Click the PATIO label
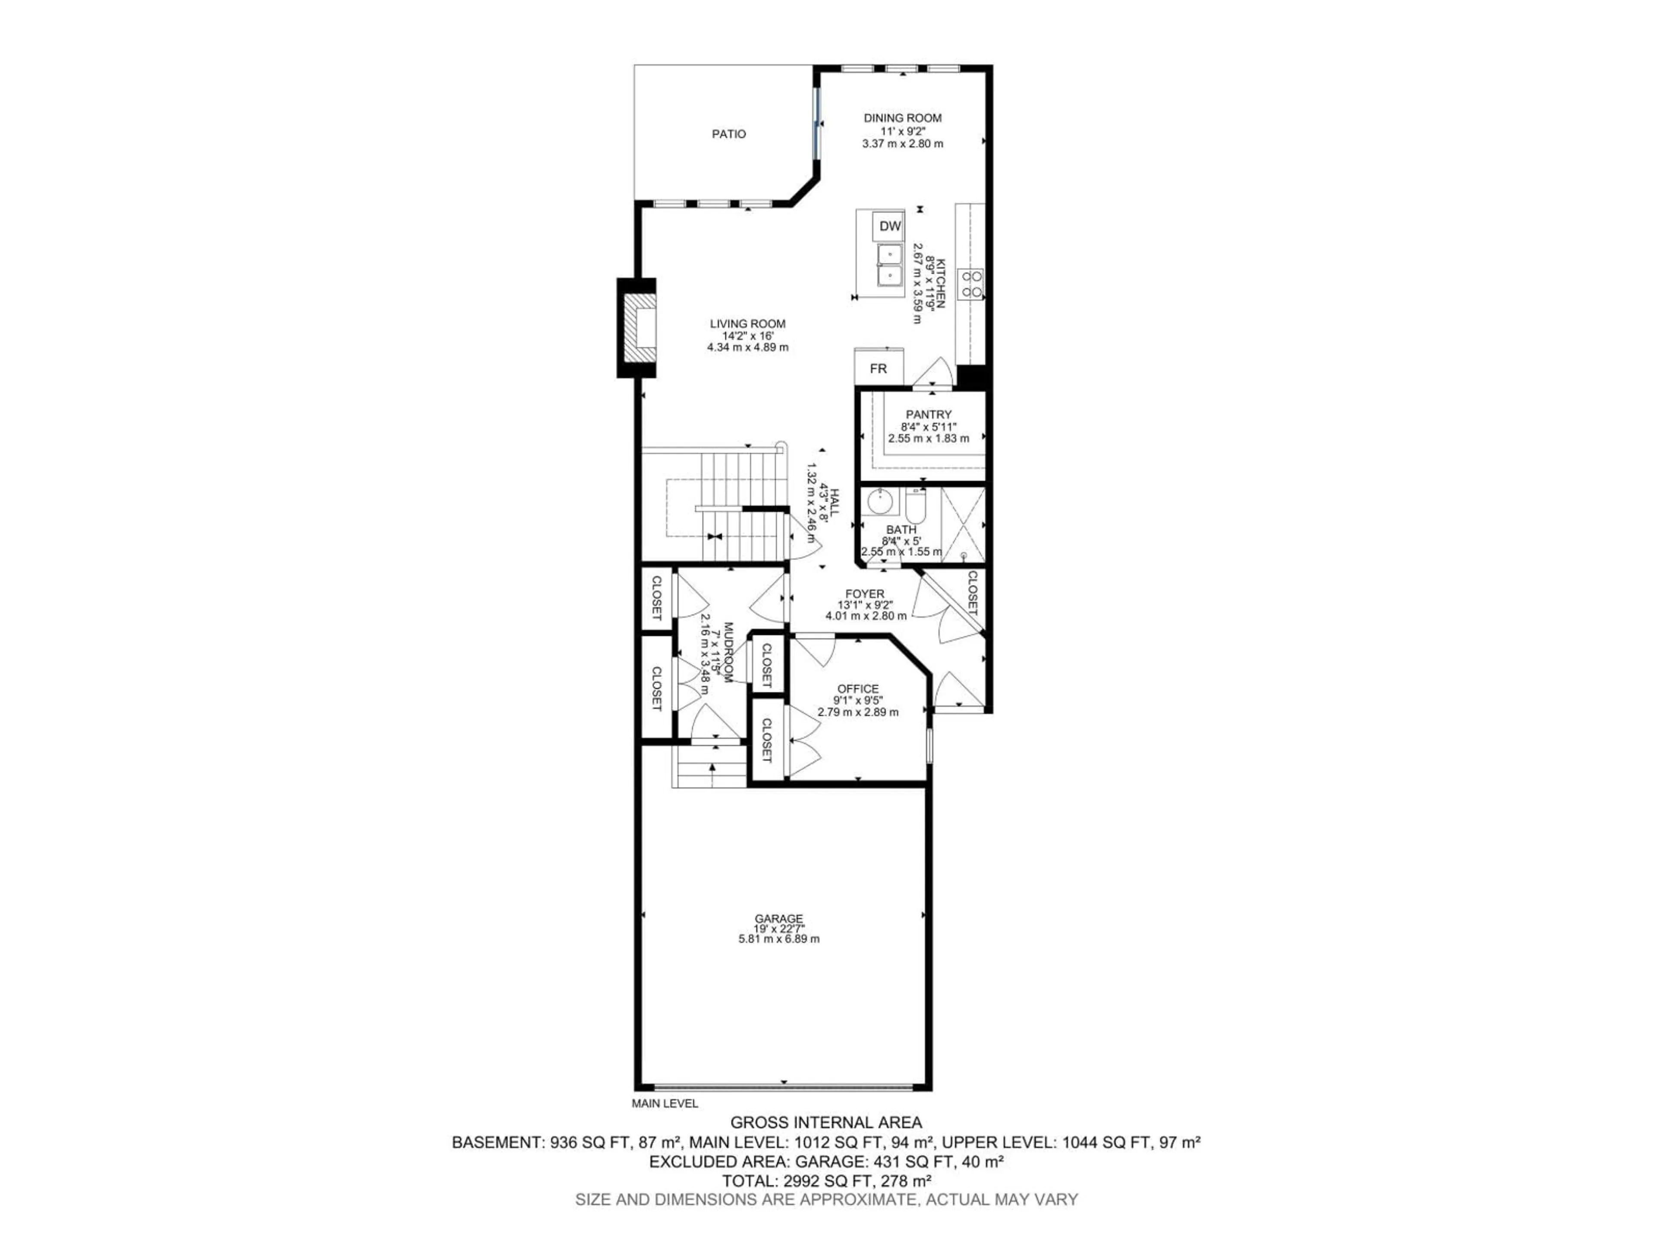[x=728, y=134]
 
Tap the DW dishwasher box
[x=890, y=226]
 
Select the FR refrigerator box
[x=878, y=369]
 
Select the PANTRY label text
[x=928, y=414]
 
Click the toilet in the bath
[x=915, y=507]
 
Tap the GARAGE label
[x=778, y=918]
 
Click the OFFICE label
[x=858, y=688]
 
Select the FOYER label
[x=865, y=593]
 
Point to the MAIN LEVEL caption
[x=665, y=1103]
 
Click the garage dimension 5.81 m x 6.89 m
[x=778, y=939]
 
